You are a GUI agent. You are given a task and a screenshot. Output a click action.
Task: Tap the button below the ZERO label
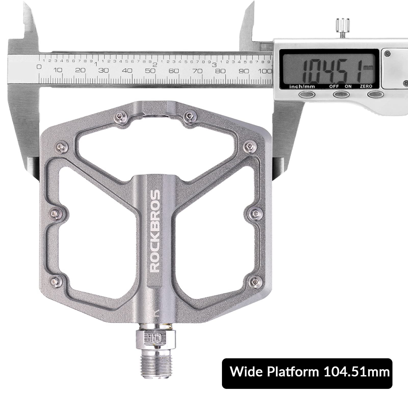(375, 95)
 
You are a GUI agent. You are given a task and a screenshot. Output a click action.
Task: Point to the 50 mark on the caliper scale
(150, 71)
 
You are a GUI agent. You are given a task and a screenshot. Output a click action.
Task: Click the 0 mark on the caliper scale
(39, 67)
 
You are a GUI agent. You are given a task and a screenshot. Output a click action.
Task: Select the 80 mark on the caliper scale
(220, 71)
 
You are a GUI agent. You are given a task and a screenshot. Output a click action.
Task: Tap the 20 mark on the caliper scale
(80, 70)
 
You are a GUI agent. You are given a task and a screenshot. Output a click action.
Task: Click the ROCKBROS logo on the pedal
(155, 231)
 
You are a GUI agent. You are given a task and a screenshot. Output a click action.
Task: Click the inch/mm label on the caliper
(302, 86)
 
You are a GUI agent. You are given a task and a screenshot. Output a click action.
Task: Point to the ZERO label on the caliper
(366, 86)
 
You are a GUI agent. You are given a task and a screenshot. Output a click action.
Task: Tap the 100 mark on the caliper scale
(265, 71)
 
